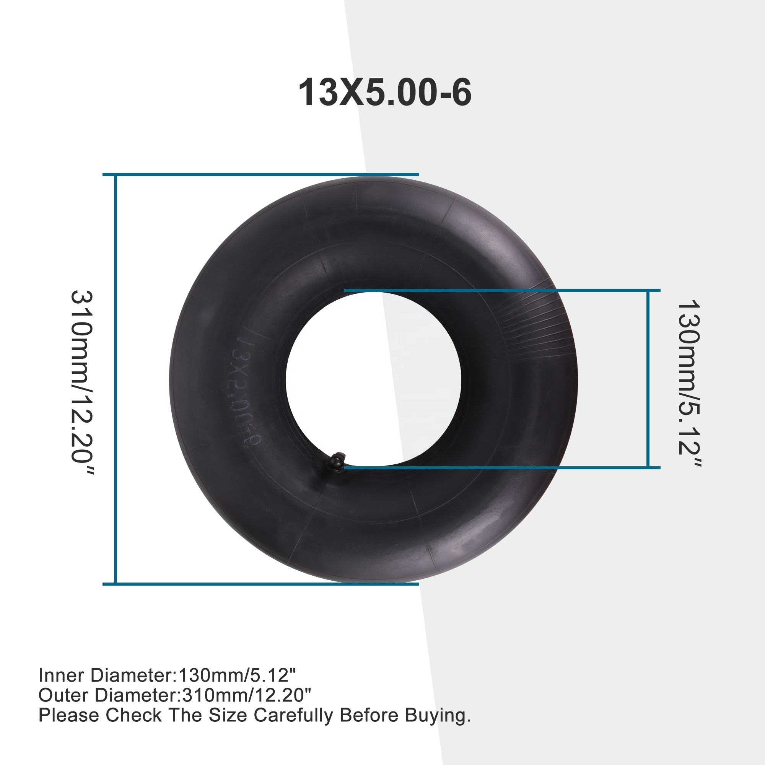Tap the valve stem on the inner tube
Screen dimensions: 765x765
pos(338,461)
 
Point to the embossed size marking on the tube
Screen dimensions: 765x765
pos(243,392)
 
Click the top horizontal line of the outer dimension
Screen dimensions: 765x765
pos(260,174)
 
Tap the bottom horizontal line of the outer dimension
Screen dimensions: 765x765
pos(260,584)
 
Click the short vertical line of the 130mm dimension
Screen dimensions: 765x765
pos(648,379)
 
